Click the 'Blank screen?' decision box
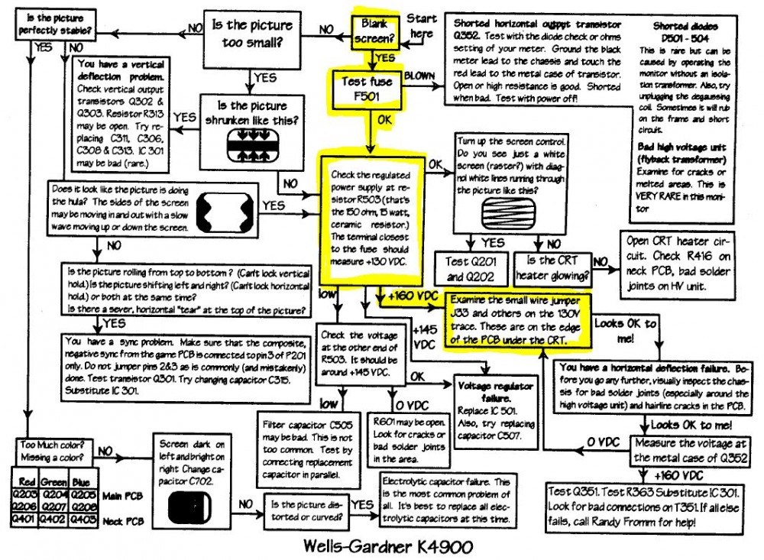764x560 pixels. [379, 31]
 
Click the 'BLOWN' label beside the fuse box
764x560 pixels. [420, 76]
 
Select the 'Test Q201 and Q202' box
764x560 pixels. [468, 267]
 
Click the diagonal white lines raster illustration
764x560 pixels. [505, 208]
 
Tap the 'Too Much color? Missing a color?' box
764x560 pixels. [50, 450]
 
